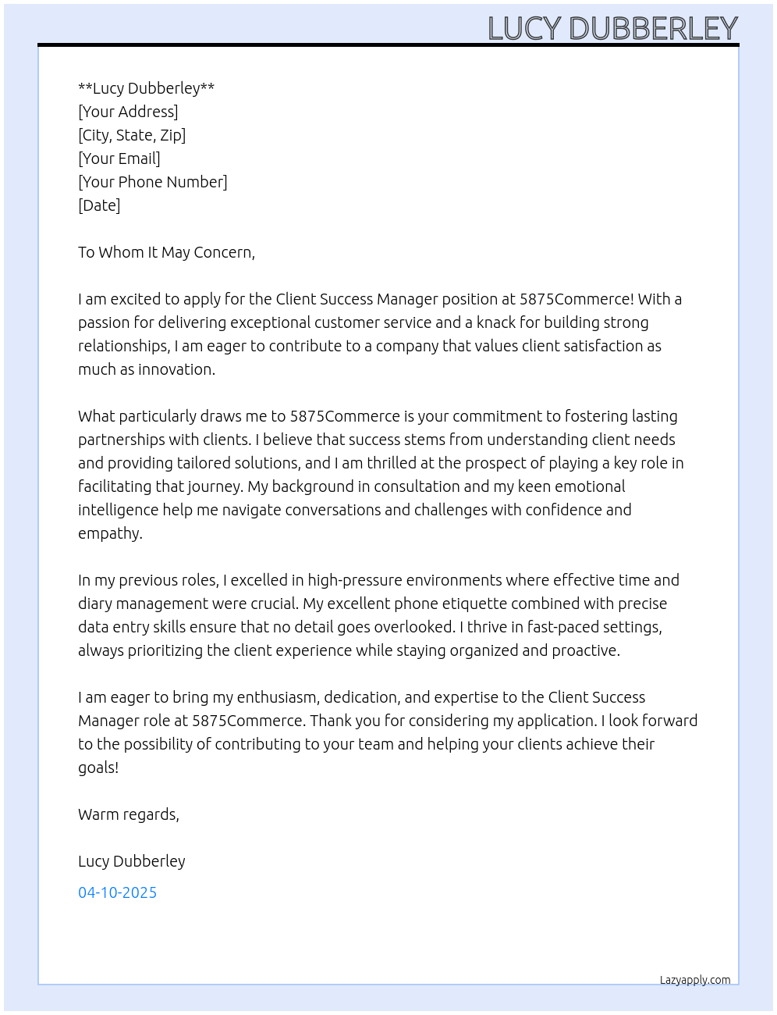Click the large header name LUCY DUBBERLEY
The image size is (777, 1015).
(612, 28)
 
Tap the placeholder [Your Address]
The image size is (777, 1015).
(128, 112)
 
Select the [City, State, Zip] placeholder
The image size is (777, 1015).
(132, 135)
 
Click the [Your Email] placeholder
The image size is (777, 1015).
(119, 158)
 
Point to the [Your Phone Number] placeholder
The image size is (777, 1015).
(153, 182)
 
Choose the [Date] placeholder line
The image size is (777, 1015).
(99, 205)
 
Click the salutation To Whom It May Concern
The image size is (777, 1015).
(166, 252)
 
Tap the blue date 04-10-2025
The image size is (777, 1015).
(117, 892)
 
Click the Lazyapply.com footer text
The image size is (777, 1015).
(695, 980)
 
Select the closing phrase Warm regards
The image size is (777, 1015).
(129, 814)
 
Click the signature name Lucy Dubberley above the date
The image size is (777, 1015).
(132, 861)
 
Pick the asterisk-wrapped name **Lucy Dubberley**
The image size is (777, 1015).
(146, 88)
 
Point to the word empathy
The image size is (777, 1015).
(109, 534)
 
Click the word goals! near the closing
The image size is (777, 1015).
(98, 768)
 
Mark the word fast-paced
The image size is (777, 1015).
(562, 627)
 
